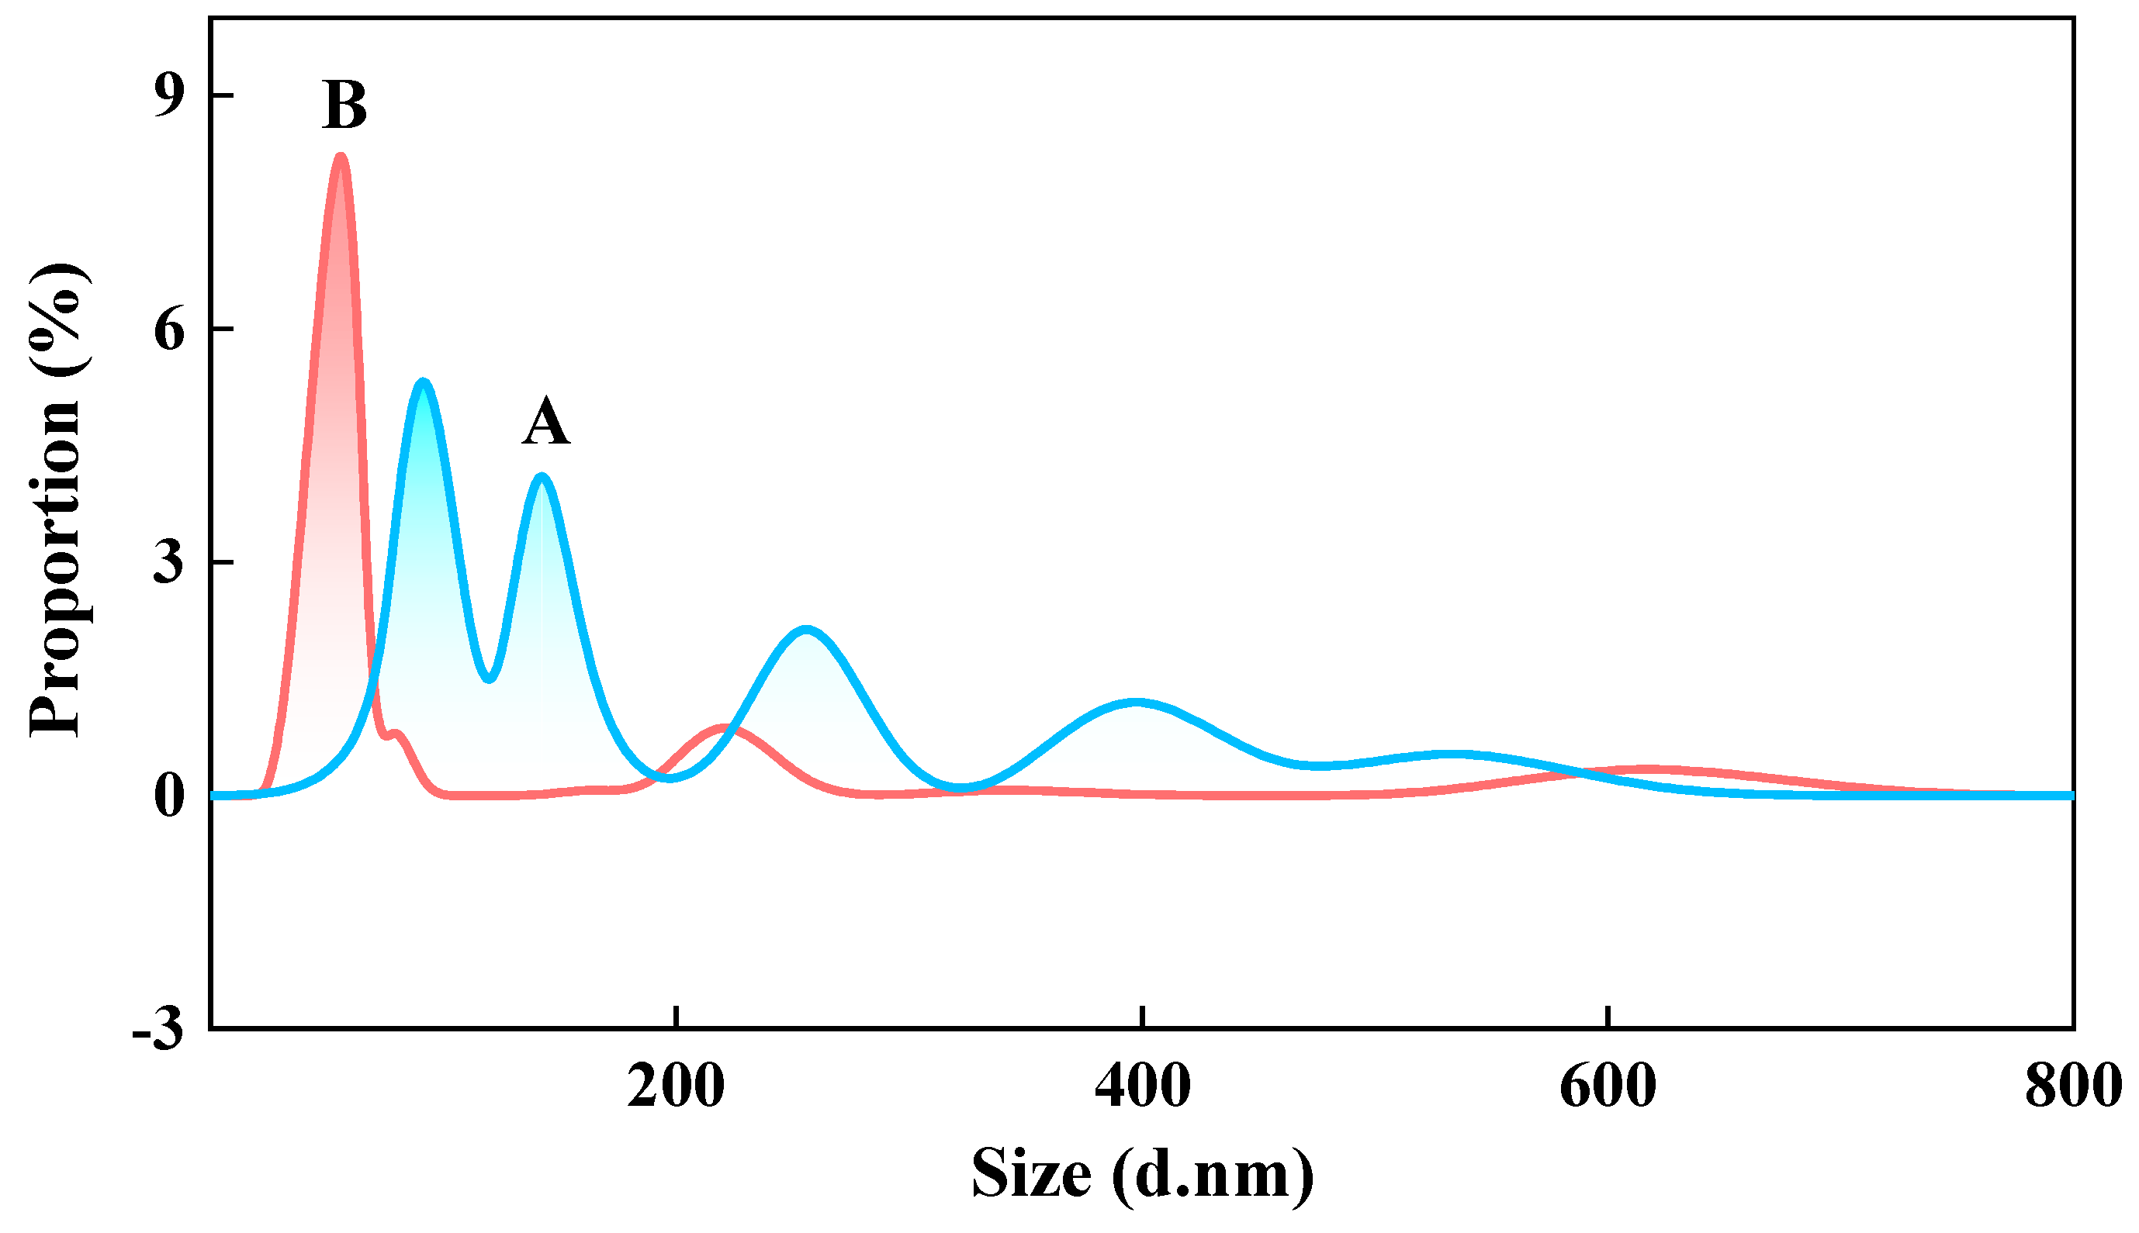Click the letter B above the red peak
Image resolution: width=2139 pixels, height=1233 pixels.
[344, 106]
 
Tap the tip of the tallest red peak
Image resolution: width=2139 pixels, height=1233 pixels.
[341, 157]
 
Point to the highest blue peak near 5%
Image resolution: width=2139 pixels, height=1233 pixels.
[422, 382]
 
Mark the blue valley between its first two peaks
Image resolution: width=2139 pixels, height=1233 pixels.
[489, 679]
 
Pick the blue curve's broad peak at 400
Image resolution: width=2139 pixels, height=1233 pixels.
[1135, 702]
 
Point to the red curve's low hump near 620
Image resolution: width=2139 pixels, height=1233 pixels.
[1643, 769]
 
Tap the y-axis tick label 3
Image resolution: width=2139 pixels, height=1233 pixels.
[168, 562]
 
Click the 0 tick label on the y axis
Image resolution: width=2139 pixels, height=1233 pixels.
[168, 796]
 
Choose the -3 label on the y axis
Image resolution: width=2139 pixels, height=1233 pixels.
[157, 1030]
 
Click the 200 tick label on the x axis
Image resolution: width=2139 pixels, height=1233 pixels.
[675, 1086]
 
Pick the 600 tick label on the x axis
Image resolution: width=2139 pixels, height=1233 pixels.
[1607, 1086]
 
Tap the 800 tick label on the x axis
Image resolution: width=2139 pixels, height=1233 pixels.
[2072, 1086]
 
